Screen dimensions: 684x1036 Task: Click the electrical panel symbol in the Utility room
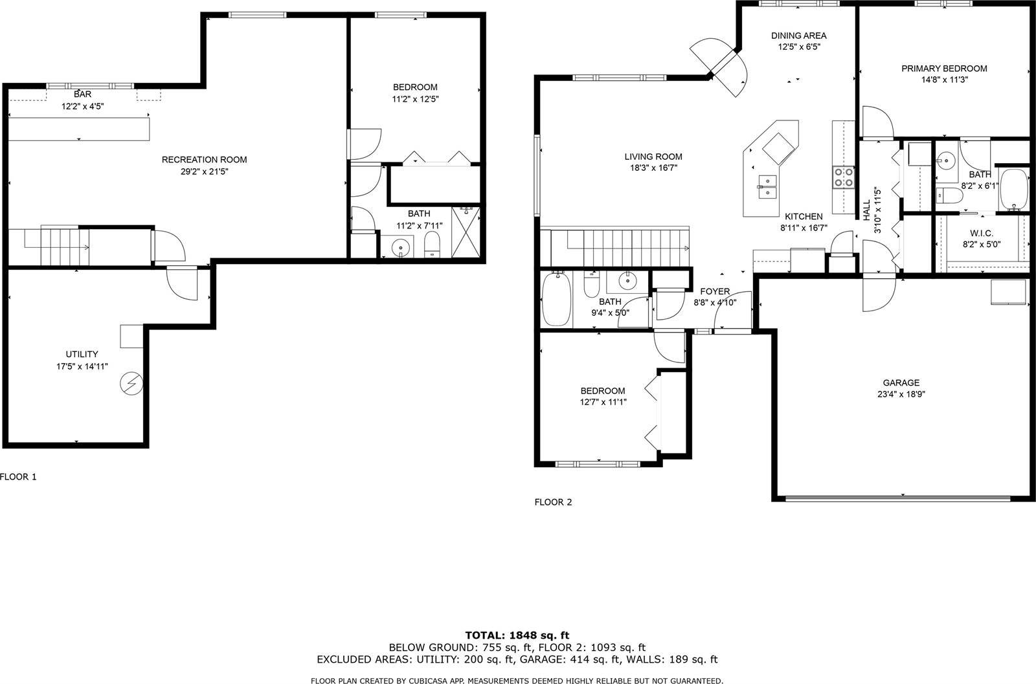coord(131,384)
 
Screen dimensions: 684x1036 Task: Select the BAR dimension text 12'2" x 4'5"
coord(82,106)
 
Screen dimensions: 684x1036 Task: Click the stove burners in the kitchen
coord(842,177)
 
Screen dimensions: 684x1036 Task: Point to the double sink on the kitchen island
coord(767,186)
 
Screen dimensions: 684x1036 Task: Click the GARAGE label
coord(901,382)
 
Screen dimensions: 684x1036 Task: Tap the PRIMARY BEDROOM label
coord(944,69)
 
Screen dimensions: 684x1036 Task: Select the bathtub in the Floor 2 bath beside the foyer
coord(556,300)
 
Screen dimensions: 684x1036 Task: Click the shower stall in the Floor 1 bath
coord(467,232)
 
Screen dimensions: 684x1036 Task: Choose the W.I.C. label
coord(981,233)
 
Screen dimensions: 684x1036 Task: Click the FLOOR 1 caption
coord(19,477)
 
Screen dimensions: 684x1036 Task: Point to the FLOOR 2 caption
coord(553,502)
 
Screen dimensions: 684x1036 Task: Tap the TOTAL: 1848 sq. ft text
coord(517,635)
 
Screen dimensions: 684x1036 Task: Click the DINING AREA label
coord(798,36)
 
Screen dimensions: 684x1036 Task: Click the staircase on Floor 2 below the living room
coord(618,247)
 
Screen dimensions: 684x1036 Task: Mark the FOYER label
coord(715,291)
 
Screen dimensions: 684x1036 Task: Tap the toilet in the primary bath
coord(947,197)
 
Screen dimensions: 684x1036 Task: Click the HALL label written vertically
coord(866,209)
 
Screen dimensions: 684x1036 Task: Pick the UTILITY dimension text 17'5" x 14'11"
coord(82,366)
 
